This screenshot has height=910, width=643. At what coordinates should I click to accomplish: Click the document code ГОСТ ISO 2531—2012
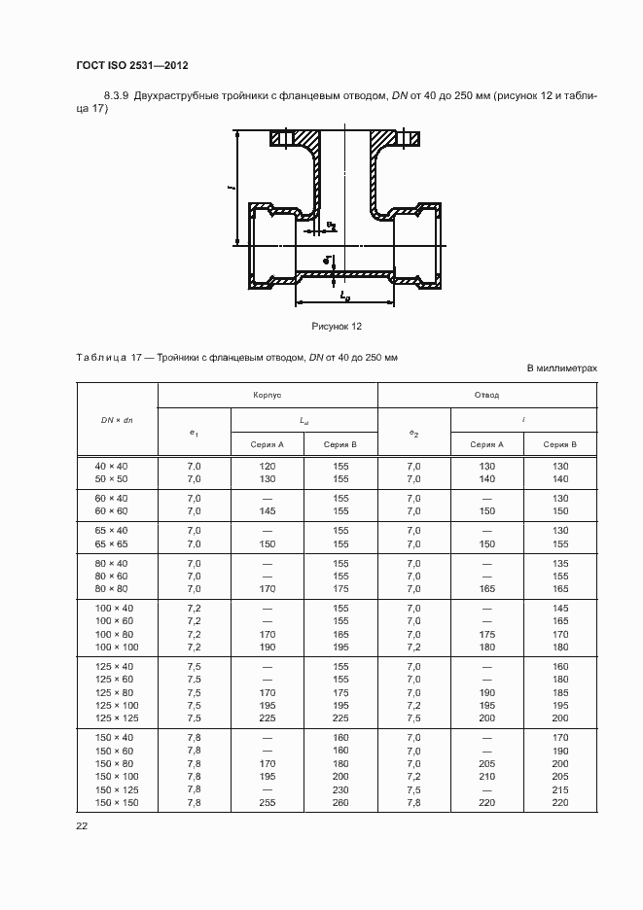coord(131,65)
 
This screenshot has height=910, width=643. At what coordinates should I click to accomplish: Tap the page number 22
coord(82,826)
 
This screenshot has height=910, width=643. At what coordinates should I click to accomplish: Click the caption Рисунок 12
coord(337,326)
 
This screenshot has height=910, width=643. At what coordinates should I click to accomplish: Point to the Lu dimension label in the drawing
coord(344,294)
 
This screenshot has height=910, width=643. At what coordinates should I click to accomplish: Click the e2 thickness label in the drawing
coord(332,226)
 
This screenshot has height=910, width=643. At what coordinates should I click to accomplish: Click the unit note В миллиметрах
coord(561,368)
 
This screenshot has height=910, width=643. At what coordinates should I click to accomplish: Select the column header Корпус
coord(268,396)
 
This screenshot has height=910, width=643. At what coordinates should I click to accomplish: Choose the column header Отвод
coord(486,396)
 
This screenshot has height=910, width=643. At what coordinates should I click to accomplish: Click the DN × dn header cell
coord(117,419)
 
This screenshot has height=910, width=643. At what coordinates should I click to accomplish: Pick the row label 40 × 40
coord(111,467)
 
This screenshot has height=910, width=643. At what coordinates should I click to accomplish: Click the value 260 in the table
coord(340,802)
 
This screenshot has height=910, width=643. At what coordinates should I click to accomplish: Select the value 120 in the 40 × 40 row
coord(268,467)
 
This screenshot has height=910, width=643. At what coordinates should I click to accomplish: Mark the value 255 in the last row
coord(268,802)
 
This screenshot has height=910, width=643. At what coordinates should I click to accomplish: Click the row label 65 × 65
coord(111,543)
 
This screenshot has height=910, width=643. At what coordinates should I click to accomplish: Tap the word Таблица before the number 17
coord(99,358)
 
